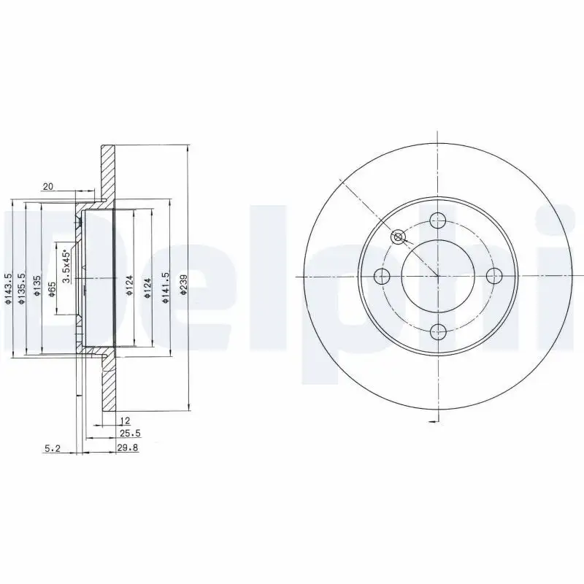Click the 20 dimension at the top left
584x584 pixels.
click(48, 187)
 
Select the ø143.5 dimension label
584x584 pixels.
click(8, 288)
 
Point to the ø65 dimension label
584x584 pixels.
click(52, 290)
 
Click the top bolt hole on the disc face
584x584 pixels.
click(438, 220)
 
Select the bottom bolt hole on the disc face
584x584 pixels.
click(438, 332)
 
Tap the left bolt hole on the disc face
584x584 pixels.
click(382, 276)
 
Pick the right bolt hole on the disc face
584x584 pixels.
click(494, 276)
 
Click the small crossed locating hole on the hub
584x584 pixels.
click(398, 237)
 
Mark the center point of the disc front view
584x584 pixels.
click(438, 276)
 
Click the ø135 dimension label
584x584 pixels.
click(36, 289)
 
